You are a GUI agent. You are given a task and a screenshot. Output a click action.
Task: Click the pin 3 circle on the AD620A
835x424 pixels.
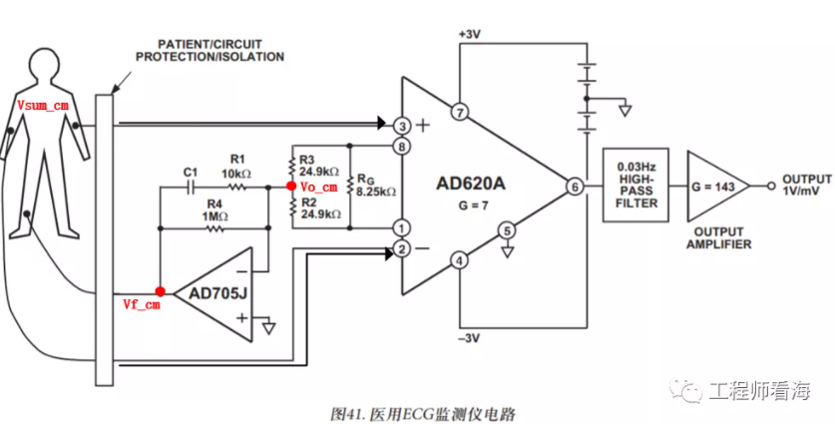pyautogui.click(x=402, y=126)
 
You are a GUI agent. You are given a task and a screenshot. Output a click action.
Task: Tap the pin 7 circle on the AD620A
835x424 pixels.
pyautogui.click(x=459, y=112)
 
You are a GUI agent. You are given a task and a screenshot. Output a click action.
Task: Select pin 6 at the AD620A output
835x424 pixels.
pyautogui.click(x=574, y=187)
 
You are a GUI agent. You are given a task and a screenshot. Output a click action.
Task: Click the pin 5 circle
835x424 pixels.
pyautogui.click(x=507, y=230)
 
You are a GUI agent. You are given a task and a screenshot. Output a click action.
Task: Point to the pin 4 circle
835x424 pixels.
pyautogui.click(x=459, y=261)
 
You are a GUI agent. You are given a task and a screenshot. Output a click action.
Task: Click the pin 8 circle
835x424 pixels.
pyautogui.click(x=402, y=146)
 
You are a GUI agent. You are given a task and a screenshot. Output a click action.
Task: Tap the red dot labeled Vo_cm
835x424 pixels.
pyautogui.click(x=290, y=187)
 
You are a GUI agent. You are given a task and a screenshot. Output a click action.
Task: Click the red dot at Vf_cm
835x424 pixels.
pyautogui.click(x=160, y=291)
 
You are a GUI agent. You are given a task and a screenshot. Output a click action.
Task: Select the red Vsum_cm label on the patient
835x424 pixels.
pyautogui.click(x=43, y=106)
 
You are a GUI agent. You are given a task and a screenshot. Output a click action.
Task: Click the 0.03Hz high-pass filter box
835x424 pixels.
pyautogui.click(x=635, y=185)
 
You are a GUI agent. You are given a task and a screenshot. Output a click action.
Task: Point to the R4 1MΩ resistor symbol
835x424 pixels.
pyautogui.click(x=214, y=228)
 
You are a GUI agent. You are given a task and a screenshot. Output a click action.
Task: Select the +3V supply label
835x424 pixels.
pyautogui.click(x=470, y=34)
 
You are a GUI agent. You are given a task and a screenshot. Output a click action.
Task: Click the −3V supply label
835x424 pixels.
pyautogui.click(x=470, y=338)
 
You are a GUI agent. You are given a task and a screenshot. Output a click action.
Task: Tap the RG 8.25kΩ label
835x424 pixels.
pyautogui.click(x=376, y=185)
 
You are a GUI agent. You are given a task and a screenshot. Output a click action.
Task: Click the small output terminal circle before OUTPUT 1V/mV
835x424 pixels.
pyautogui.click(x=771, y=187)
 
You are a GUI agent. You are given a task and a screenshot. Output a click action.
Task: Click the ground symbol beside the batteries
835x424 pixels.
pyautogui.click(x=626, y=111)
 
